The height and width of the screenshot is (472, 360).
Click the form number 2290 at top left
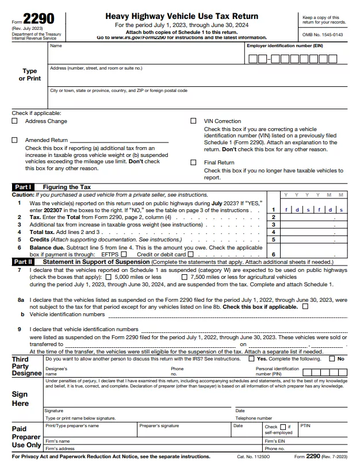click(39, 19)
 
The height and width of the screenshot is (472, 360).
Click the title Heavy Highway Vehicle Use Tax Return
click(182, 16)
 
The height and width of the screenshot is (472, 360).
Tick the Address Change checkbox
click(15, 121)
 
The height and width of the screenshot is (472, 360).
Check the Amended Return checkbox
click(15, 140)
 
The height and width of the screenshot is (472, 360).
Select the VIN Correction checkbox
click(193, 121)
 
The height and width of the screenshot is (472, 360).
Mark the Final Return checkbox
click(193, 163)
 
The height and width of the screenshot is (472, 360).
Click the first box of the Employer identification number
click(252, 59)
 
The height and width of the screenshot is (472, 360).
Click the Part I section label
click(22, 187)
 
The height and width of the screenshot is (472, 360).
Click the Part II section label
click(23, 262)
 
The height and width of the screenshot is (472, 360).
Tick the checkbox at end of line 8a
click(305, 306)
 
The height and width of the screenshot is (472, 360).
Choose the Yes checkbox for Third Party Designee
click(251, 359)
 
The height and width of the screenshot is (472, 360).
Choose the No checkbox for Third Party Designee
click(332, 359)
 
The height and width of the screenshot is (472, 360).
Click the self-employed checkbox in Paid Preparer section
click(282, 427)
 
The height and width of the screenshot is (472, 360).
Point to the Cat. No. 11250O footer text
click(253, 456)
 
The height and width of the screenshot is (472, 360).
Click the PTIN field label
click(305, 427)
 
